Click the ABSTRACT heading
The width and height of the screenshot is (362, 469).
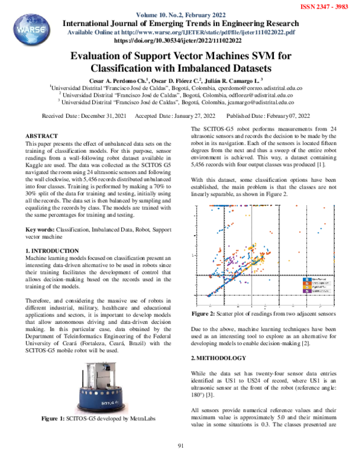(42, 136)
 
